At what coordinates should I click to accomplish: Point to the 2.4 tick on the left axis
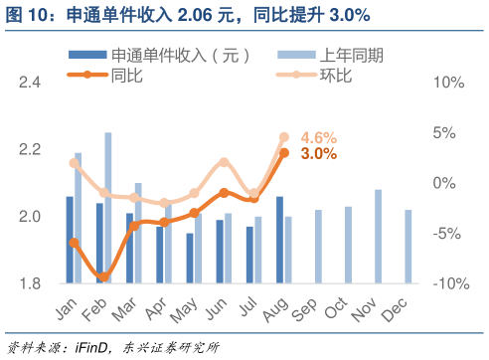31,83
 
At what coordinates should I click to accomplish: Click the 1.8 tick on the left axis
31,284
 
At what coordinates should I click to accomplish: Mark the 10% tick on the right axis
449,83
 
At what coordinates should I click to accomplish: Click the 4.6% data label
318,137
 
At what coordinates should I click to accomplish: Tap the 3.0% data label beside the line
318,154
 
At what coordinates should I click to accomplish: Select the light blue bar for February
108,208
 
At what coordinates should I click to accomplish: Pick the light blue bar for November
378,237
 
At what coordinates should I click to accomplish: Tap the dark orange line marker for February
102,276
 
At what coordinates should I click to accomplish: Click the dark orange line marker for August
284,152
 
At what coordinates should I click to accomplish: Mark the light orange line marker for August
284,137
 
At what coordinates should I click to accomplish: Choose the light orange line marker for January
75,163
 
